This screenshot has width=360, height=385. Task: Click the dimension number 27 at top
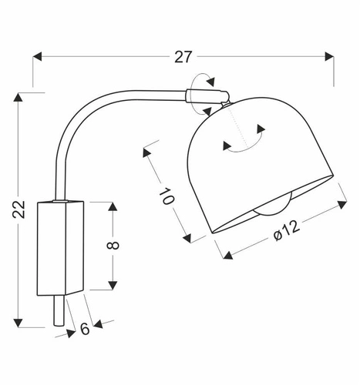click(x=183, y=55)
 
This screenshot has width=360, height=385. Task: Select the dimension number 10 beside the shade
click(x=167, y=195)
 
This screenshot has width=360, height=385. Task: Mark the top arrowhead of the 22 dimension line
click(x=19, y=98)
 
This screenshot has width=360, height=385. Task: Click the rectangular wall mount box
click(x=60, y=246)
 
